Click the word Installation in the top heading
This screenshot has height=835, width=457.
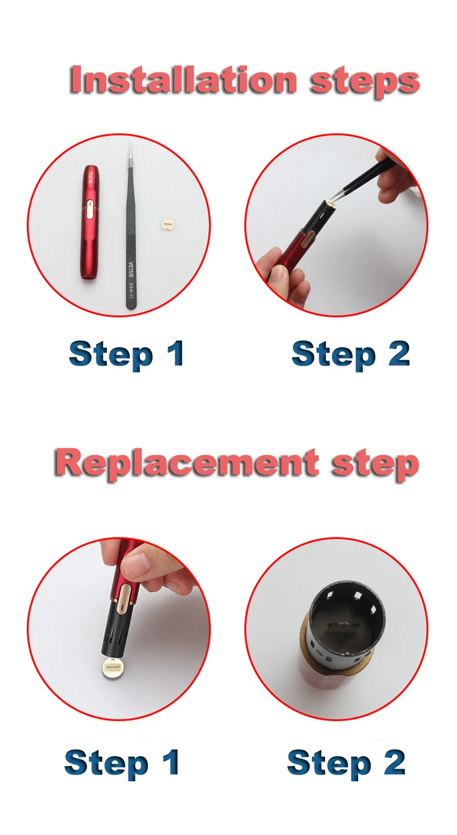pyautogui.click(x=183, y=80)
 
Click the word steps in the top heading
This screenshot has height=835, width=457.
pyautogui.click(x=364, y=83)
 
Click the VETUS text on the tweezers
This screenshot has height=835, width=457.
pyautogui.click(x=130, y=269)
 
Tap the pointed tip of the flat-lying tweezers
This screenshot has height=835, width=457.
pyautogui.click(x=130, y=142)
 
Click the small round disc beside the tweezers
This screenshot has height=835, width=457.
pyautogui.click(x=166, y=223)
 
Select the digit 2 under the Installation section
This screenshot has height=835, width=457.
pyautogui.click(x=399, y=353)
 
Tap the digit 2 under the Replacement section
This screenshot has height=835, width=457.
pyautogui.click(x=394, y=762)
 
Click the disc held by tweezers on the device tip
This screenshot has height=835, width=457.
pyautogui.click(x=330, y=203)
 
